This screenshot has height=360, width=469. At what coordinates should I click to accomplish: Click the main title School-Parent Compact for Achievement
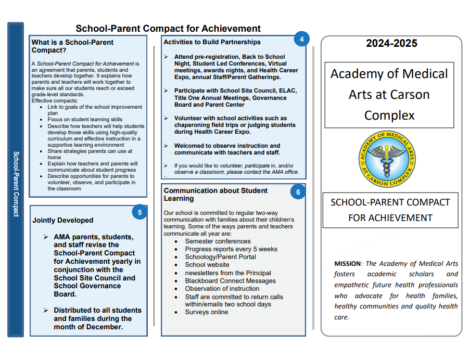pyautogui.click(x=168, y=29)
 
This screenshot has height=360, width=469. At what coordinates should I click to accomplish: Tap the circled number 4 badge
pyautogui.click(x=301, y=38)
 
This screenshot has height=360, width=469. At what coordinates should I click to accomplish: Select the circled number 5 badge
pyautogui.click(x=140, y=212)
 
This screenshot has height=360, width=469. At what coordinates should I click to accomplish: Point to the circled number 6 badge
pyautogui.click(x=298, y=192)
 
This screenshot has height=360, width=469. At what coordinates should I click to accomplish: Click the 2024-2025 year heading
pyautogui.click(x=391, y=44)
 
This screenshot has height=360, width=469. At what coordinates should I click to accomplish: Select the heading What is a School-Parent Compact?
pyautogui.click(x=72, y=46)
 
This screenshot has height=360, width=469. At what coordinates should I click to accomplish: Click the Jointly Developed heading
pyautogui.click(x=63, y=220)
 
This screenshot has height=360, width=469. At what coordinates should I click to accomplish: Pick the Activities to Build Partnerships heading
pyautogui.click(x=212, y=42)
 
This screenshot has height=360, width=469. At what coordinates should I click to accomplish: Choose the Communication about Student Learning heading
pyautogui.click(x=216, y=195)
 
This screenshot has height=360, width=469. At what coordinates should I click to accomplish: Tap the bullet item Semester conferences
pyautogui.click(x=218, y=241)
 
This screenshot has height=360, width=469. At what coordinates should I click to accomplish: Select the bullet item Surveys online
pyautogui.click(x=206, y=312)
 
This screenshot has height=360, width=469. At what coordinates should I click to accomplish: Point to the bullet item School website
pyautogui.click(x=207, y=265)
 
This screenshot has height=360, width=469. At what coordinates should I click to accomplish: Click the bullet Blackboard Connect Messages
pyautogui.click(x=230, y=281)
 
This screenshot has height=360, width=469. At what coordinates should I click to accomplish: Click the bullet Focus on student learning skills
pyautogui.click(x=85, y=120)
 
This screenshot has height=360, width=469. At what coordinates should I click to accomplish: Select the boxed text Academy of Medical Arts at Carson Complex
pyautogui.click(x=389, y=95)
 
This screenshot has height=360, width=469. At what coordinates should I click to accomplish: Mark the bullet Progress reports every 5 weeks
pyautogui.click(x=231, y=249)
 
